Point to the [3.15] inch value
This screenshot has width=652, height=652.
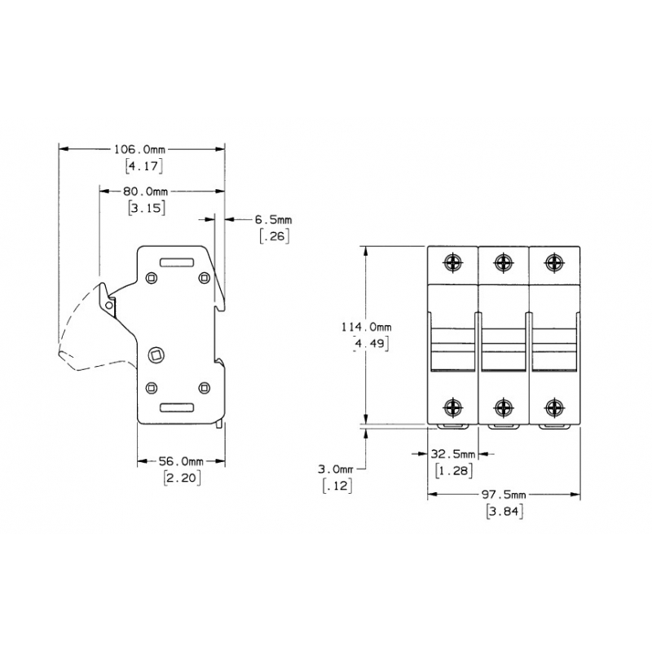coord(148,208)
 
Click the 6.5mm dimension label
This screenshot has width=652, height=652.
coord(273,219)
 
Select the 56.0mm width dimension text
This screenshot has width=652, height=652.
coord(181,461)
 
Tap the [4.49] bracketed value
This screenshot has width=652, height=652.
coord(369,343)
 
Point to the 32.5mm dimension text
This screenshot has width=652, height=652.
coord(453,453)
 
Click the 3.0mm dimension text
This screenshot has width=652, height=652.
coord(336,469)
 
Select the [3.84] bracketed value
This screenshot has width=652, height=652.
coord(504,512)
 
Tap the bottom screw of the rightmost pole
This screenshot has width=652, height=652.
coord(554,407)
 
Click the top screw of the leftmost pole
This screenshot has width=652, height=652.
coord(453,262)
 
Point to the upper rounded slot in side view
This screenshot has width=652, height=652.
coord(176,263)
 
